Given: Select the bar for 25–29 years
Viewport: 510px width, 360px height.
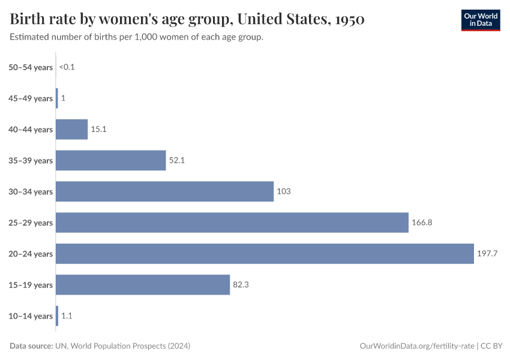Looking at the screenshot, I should click(x=232, y=223).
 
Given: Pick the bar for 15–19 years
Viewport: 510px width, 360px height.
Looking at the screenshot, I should click(x=143, y=285).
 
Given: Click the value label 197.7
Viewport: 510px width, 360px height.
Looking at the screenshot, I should click(x=487, y=254).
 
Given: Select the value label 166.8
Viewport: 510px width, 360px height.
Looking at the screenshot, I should click(x=422, y=223).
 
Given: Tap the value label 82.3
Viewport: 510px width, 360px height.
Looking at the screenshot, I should click(x=241, y=285).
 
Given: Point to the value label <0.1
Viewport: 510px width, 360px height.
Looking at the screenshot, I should click(x=67, y=67).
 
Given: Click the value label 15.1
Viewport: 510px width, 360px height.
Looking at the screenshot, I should click(x=98, y=129).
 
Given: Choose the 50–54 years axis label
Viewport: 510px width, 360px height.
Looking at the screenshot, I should click(x=31, y=67).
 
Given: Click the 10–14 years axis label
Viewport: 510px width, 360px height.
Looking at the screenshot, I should click(x=31, y=316).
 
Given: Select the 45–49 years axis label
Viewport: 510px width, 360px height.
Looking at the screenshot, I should click(x=31, y=98).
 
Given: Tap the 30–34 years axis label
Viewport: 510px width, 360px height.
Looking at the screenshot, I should click(x=31, y=192).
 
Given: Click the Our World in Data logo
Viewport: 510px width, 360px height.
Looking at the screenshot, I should click(x=480, y=20).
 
